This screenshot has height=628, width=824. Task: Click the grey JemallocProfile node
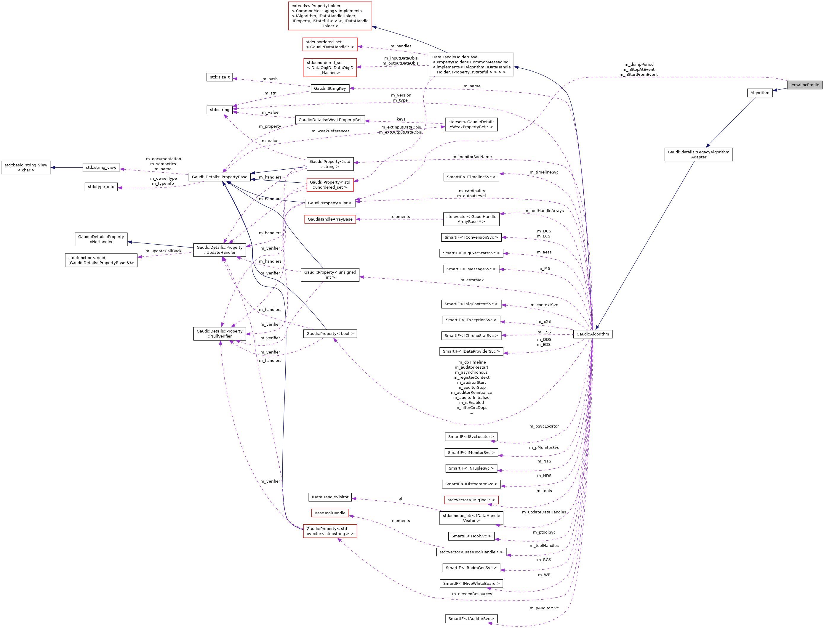click(x=804, y=85)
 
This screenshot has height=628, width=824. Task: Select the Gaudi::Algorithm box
click(x=593, y=334)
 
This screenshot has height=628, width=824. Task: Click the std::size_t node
click(x=220, y=77)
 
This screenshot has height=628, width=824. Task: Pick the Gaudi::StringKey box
click(x=330, y=89)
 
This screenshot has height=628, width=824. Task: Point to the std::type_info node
click(x=101, y=187)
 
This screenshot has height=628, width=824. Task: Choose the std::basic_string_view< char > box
click(x=26, y=168)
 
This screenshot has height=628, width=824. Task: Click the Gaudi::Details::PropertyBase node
click(x=220, y=177)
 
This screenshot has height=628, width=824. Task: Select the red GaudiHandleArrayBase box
click(x=330, y=219)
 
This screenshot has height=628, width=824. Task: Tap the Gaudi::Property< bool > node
click(x=330, y=333)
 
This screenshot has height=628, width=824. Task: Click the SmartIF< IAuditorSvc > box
click(x=471, y=619)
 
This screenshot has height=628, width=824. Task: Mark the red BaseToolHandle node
click(x=330, y=513)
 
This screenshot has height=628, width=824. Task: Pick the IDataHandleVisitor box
click(x=330, y=497)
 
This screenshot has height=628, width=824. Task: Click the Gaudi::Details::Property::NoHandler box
click(x=101, y=239)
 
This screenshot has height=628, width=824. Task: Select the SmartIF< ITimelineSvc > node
click(x=471, y=177)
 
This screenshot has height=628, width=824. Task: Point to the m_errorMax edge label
click(x=472, y=280)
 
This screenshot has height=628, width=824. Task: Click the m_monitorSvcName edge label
click(x=472, y=157)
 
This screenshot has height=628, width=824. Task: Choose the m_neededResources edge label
click(x=472, y=594)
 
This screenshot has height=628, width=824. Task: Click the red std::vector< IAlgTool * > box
click(x=471, y=500)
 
